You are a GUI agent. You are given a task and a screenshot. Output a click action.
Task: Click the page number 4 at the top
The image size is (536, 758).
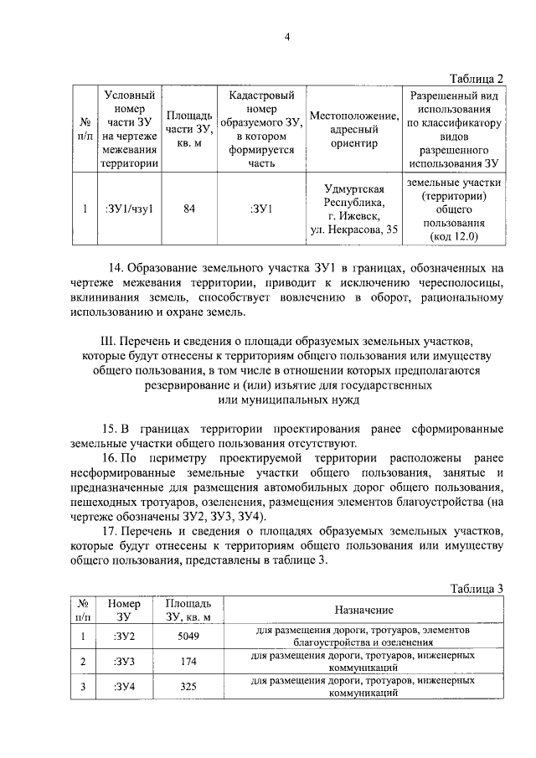286,37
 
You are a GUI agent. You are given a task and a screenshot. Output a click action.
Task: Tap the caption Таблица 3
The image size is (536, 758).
476,588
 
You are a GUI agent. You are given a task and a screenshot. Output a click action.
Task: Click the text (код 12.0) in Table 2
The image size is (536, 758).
453,237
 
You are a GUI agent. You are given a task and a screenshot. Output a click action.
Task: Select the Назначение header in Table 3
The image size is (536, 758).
364,610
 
